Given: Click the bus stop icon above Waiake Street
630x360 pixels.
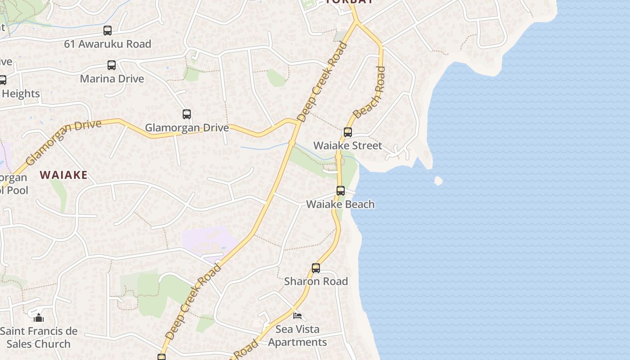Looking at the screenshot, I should [347, 132].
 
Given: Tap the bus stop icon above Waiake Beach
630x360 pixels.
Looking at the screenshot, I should [341, 191].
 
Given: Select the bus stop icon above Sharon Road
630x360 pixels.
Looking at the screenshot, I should [316, 268].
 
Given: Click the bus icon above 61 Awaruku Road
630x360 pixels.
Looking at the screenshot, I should [107, 31].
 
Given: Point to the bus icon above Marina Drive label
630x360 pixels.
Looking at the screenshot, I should [112, 65].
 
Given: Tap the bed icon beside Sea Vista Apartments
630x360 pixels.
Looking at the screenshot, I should [297, 315].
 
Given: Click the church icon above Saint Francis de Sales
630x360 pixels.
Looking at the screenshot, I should [39, 318].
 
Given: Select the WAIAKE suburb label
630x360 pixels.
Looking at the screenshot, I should [63, 175].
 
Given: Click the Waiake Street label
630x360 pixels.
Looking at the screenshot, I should [347, 145].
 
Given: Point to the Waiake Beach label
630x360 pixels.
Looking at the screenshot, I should [340, 204].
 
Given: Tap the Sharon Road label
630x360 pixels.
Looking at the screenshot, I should [316, 281].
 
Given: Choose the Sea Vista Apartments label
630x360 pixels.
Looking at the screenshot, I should [297, 336].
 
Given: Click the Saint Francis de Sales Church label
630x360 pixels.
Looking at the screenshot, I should [39, 337].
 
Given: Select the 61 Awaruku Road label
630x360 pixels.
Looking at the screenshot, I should [107, 44].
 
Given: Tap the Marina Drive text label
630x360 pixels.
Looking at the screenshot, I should [112, 79].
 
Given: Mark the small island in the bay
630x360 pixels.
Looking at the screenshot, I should [438, 181].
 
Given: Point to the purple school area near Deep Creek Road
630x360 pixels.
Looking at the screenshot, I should [209, 241].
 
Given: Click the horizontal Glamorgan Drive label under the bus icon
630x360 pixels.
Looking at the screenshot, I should [187, 128].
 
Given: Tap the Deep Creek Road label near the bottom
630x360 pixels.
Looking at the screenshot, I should [193, 301].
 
